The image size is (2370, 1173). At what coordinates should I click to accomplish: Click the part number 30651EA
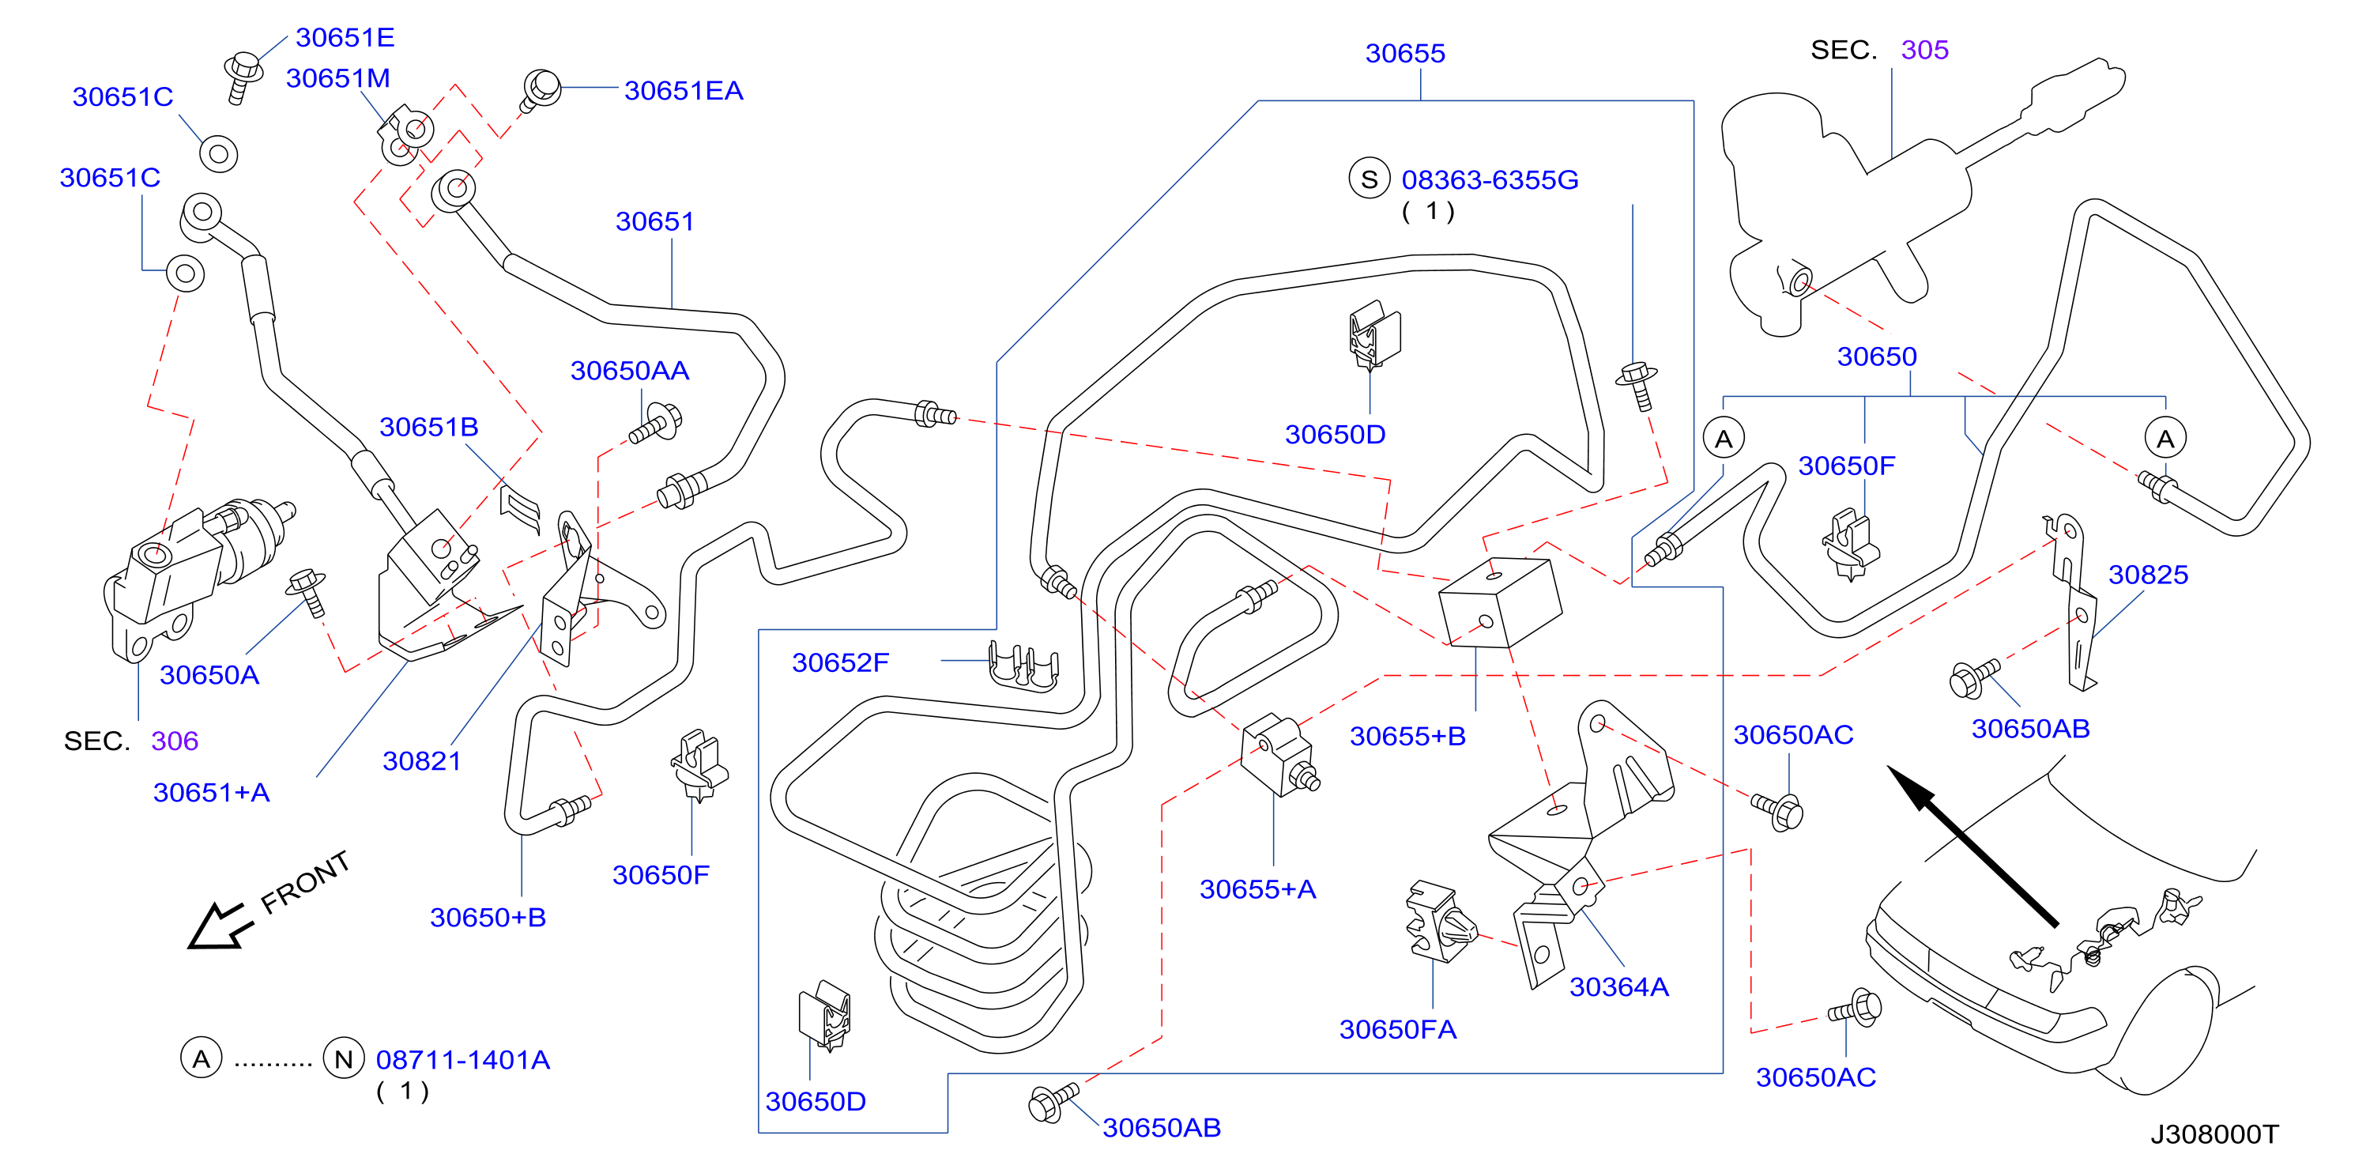click(x=683, y=90)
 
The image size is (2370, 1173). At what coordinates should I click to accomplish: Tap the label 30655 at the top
click(x=1405, y=54)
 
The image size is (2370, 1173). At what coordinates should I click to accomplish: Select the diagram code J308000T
click(x=2214, y=1133)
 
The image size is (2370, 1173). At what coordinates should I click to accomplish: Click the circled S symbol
click(x=1369, y=179)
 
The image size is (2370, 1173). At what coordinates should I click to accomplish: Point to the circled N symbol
click(x=343, y=1059)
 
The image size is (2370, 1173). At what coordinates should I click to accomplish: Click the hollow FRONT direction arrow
click(x=217, y=926)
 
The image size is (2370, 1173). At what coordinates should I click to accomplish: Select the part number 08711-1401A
click(x=463, y=1060)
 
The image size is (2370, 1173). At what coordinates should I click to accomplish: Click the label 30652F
click(x=840, y=662)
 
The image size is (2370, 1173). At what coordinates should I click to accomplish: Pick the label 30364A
click(x=1618, y=986)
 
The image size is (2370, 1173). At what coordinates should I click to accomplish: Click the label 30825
click(x=2147, y=574)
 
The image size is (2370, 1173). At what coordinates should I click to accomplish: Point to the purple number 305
click(x=1925, y=50)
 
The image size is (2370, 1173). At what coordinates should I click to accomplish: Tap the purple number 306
click(x=175, y=741)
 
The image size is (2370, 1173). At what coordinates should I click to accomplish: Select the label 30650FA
click(x=1397, y=1028)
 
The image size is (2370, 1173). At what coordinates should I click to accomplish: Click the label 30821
click(x=421, y=761)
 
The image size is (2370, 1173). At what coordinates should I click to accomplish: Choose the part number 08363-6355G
click(x=1490, y=179)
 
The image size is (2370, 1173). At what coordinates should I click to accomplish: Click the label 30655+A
click(x=1257, y=888)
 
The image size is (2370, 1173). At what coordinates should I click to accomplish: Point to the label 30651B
click(x=429, y=427)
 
